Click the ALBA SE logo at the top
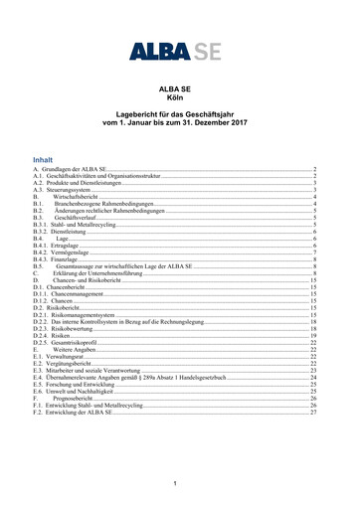click(179, 50)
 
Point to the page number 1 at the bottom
click(175, 483)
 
